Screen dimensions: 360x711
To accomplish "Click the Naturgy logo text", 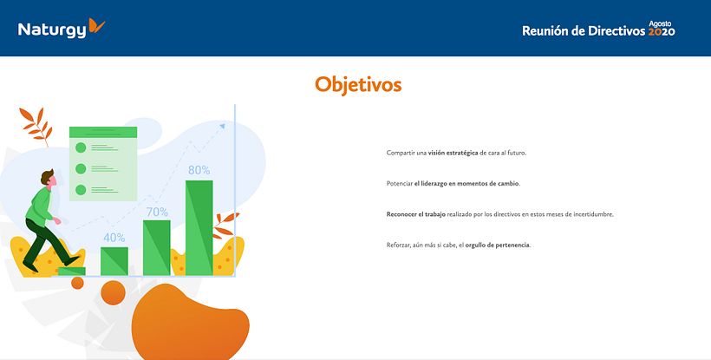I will [x=52, y=30].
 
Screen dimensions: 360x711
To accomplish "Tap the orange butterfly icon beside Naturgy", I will [x=96, y=27].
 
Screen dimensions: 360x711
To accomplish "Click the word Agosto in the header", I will [x=661, y=23].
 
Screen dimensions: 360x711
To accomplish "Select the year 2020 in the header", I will [x=662, y=32].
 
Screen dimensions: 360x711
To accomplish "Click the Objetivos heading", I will [x=358, y=84].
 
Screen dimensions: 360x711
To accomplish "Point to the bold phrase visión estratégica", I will [x=453, y=153].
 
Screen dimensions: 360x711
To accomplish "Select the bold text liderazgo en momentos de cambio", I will [x=466, y=184].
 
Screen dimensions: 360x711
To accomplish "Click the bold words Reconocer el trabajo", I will [x=416, y=214].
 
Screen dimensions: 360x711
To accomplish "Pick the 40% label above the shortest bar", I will [x=114, y=238].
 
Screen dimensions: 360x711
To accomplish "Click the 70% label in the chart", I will [x=157, y=212].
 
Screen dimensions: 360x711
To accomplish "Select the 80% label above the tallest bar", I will [x=199, y=170].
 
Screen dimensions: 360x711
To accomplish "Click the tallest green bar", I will [x=199, y=227].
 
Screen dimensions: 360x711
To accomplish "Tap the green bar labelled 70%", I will [x=157, y=248].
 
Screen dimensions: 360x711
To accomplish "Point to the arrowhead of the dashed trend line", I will [x=222, y=126].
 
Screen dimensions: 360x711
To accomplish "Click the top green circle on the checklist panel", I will [x=81, y=147].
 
